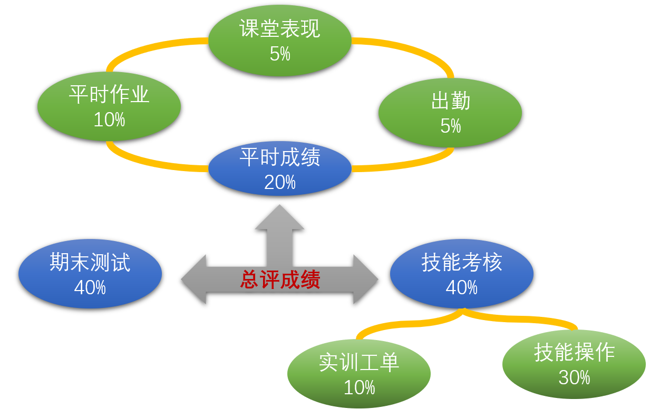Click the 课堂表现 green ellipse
(x=280, y=41)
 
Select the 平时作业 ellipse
(x=109, y=106)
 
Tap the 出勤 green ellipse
(x=450, y=113)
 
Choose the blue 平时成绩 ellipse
(x=280, y=168)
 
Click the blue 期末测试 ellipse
(x=90, y=274)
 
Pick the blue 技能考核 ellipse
(x=462, y=274)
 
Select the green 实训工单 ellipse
(x=359, y=374)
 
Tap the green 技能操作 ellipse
(x=574, y=364)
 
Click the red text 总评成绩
(x=280, y=280)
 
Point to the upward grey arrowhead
(x=279, y=218)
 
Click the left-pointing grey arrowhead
(x=193, y=280)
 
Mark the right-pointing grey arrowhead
(x=366, y=280)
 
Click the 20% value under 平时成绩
(x=280, y=183)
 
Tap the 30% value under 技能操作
(x=574, y=377)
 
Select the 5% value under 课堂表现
(x=280, y=54)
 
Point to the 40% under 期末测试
(x=90, y=287)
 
